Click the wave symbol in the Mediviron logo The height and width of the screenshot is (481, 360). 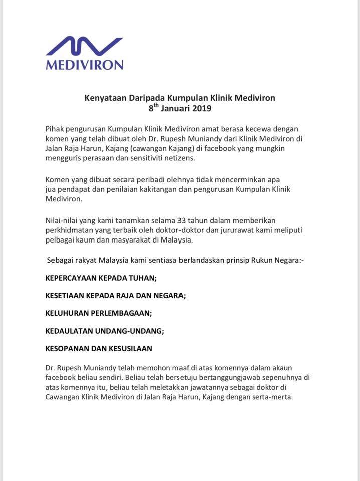pos(84,47)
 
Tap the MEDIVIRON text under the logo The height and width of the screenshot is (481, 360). pos(84,65)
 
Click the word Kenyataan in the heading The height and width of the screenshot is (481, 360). pos(104,98)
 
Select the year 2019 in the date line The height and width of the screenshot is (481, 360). pos(200,108)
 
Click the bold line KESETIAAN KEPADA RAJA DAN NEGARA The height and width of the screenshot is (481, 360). pos(115,295)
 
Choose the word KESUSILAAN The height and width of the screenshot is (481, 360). pos(129,348)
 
